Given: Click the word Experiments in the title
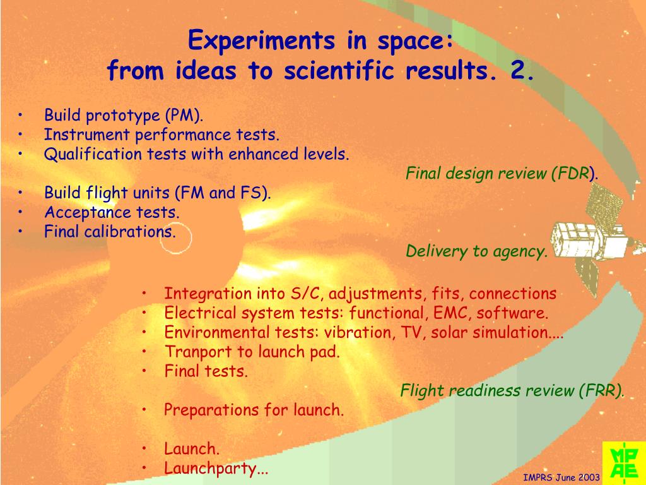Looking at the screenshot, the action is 261,40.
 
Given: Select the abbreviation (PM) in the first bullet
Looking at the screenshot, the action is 184,115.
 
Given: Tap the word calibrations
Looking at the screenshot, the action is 130,231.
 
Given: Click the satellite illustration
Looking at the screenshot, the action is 597,239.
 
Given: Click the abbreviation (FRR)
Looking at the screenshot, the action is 601,390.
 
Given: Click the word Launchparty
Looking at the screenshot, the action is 216,469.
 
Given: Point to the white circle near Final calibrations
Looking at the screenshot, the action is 175,238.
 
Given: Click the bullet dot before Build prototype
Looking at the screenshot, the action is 20,115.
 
